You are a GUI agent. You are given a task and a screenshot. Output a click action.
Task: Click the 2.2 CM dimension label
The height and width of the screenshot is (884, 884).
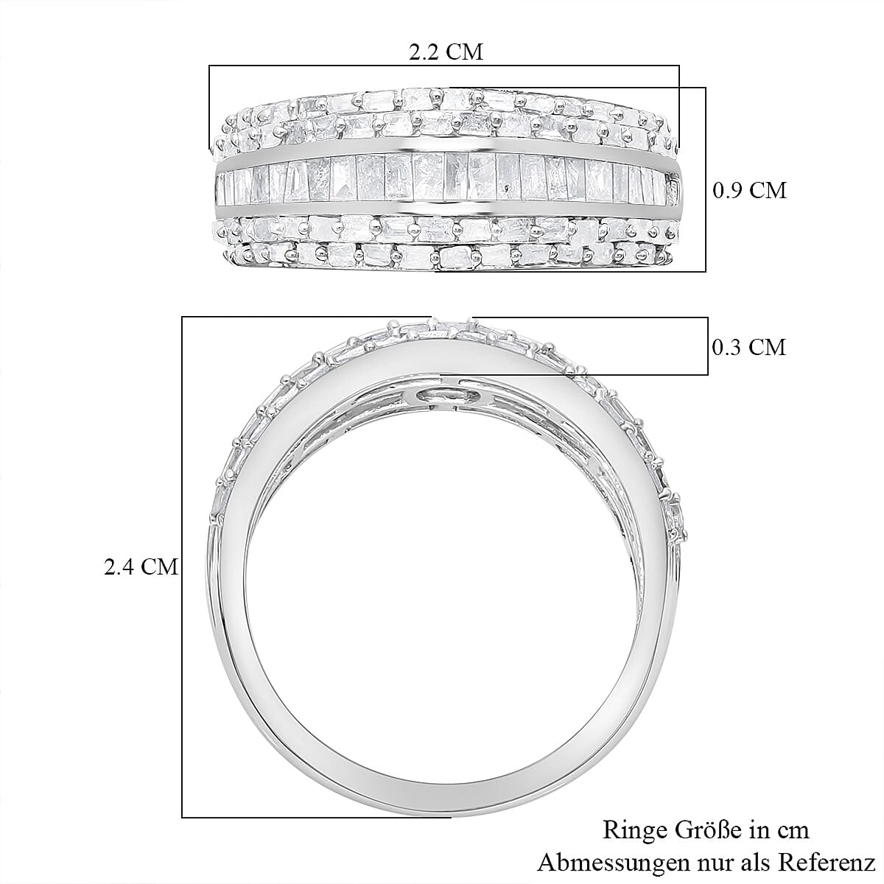click(x=445, y=52)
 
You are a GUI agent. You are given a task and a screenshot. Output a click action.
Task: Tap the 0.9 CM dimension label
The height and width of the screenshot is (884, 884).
click(x=749, y=190)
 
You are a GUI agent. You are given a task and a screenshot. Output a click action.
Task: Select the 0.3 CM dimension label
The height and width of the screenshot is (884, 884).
click(x=749, y=346)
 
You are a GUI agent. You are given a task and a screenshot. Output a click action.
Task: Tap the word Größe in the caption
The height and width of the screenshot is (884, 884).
click(x=704, y=830)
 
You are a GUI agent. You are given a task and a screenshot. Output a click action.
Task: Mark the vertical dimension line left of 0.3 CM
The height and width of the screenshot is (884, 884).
click(x=708, y=346)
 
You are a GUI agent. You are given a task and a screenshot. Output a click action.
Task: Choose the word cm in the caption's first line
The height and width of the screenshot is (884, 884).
click(x=793, y=830)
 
